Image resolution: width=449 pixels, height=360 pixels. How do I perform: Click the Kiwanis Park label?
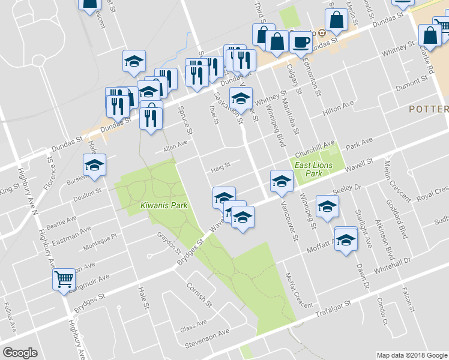click(164, 206)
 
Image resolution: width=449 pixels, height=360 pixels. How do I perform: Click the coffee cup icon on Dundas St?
click(301, 42)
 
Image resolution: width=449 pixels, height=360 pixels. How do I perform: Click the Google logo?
click(20, 353)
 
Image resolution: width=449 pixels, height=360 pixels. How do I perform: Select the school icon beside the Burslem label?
click(94, 165)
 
